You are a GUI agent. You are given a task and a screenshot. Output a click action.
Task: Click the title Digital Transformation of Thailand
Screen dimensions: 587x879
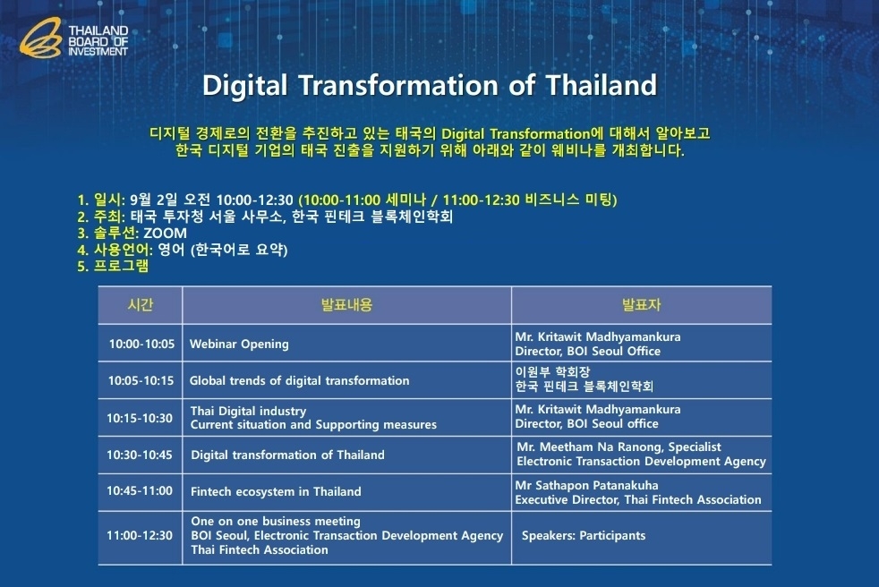coord(430,86)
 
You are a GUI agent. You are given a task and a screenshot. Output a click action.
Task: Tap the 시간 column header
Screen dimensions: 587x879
coord(141,305)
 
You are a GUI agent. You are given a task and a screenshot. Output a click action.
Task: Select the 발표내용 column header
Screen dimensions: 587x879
coord(346,305)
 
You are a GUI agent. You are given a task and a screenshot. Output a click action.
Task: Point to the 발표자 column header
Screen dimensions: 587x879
coord(641,305)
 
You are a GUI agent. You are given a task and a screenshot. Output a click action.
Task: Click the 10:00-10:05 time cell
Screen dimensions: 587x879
coord(141,344)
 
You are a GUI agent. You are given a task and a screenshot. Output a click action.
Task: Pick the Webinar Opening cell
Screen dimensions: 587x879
coord(239,344)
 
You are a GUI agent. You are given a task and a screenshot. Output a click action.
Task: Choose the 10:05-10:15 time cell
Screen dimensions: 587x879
coord(141,380)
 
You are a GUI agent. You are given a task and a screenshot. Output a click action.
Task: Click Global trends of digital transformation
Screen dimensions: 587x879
coord(299,380)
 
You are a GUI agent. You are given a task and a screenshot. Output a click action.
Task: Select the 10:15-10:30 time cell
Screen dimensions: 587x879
coord(140,418)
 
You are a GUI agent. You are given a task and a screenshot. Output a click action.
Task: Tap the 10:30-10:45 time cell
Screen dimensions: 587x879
coord(140,455)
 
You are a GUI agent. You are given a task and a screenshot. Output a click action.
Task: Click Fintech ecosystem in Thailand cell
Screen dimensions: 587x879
coord(276,491)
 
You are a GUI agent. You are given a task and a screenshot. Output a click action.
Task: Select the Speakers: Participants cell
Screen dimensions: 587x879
coord(583,536)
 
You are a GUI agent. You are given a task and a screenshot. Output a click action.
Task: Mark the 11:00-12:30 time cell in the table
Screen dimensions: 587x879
coord(140,536)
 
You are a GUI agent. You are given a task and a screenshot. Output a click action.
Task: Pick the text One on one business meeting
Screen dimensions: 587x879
coord(276,521)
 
